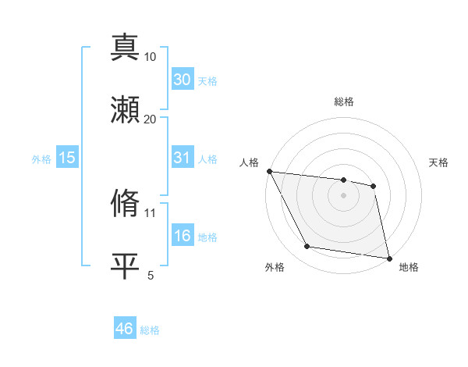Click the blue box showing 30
click(182, 80)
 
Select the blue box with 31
click(182, 158)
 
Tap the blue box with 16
click(182, 237)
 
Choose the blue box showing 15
click(67, 158)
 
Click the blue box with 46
click(124, 329)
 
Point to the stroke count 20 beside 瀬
click(150, 119)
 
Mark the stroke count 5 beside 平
click(151, 274)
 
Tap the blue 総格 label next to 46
click(150, 330)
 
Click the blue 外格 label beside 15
click(41, 159)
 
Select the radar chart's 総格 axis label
click(344, 102)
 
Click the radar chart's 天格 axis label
click(439, 162)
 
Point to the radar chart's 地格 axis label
click(409, 267)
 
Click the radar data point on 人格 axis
click(269, 171)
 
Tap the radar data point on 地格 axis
click(388, 258)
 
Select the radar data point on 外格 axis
click(307, 248)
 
